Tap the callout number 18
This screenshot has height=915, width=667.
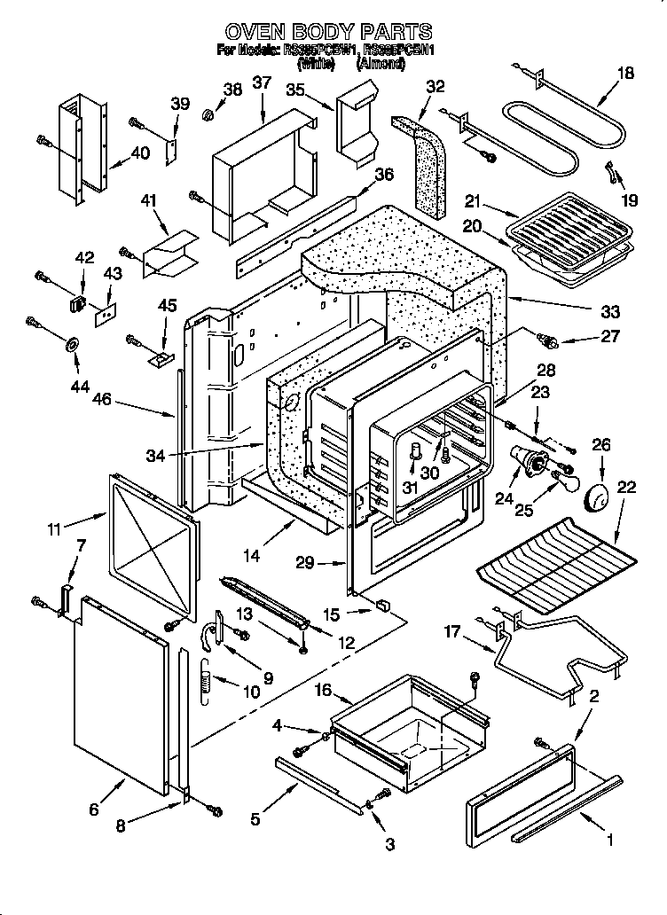625,74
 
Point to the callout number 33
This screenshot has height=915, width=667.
610,312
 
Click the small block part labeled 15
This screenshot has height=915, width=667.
383,606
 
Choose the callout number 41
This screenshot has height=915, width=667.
147,200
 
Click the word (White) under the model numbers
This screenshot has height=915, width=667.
316,64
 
